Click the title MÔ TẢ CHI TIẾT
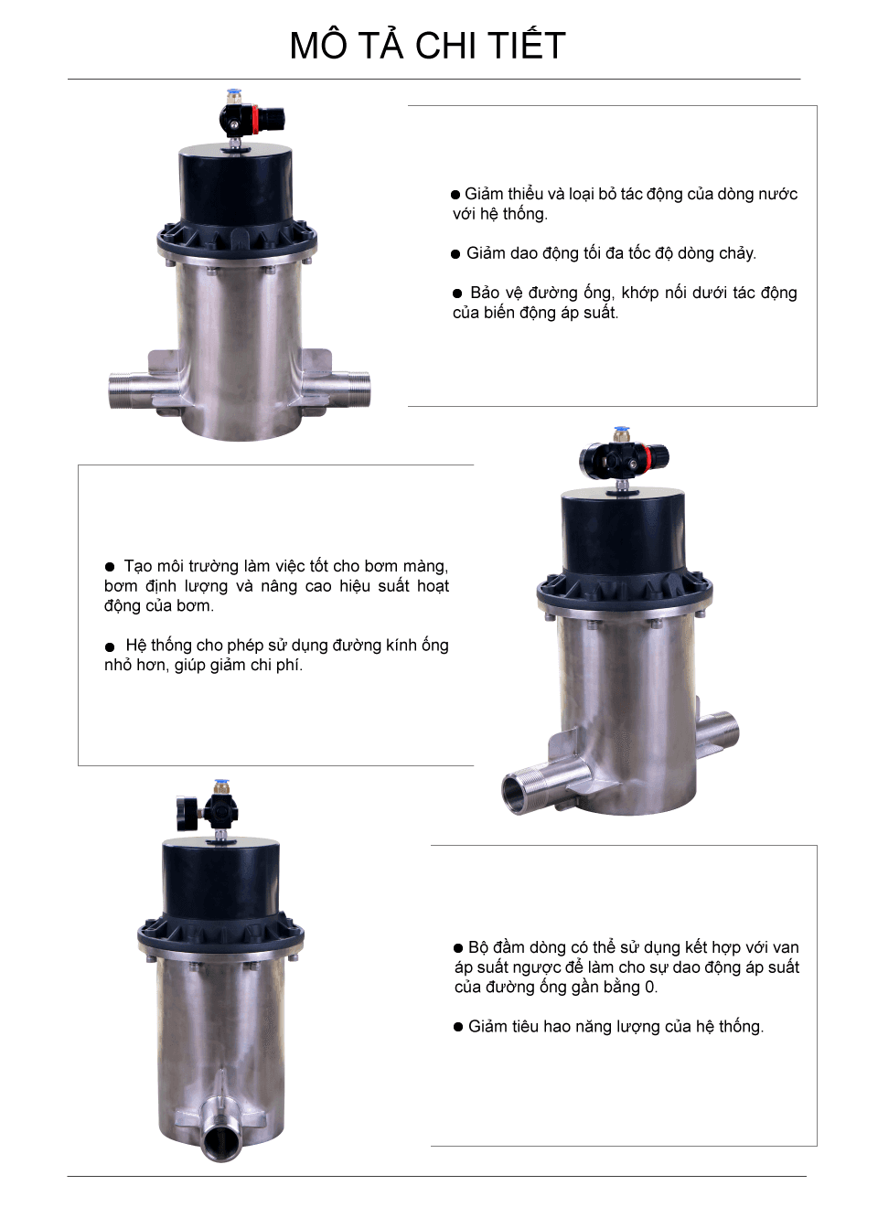(427, 46)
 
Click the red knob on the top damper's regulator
(273, 118)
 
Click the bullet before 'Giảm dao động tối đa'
(455, 254)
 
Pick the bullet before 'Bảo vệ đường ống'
(457, 294)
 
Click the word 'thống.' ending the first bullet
(526, 214)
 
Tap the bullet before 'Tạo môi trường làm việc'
(110, 567)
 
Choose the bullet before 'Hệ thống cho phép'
(110, 646)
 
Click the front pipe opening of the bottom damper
(221, 1143)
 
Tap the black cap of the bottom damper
(220, 878)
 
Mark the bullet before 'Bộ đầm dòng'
(459, 948)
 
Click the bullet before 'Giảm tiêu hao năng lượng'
(459, 1027)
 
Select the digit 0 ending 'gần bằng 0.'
(649, 988)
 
